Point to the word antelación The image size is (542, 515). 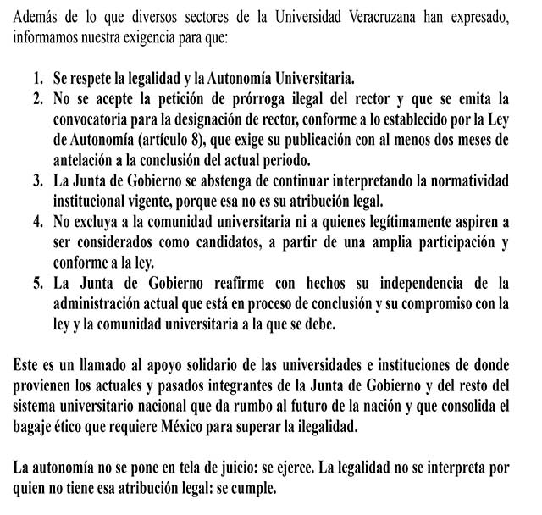coord(85,160)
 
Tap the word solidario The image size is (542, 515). coord(207,365)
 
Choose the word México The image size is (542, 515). coord(227,427)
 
